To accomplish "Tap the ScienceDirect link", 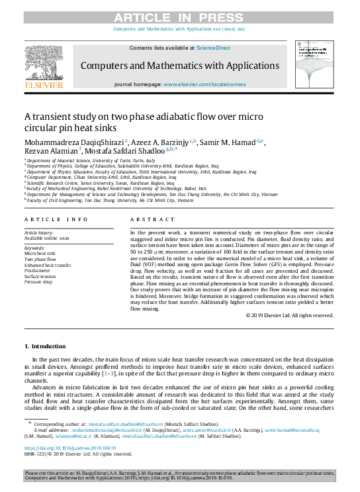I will pos(213,48).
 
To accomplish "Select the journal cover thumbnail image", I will pos(314,66).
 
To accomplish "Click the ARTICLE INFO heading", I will pos(56,219).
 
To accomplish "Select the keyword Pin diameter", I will pos(37,271).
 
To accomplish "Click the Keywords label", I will pos(34,248).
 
